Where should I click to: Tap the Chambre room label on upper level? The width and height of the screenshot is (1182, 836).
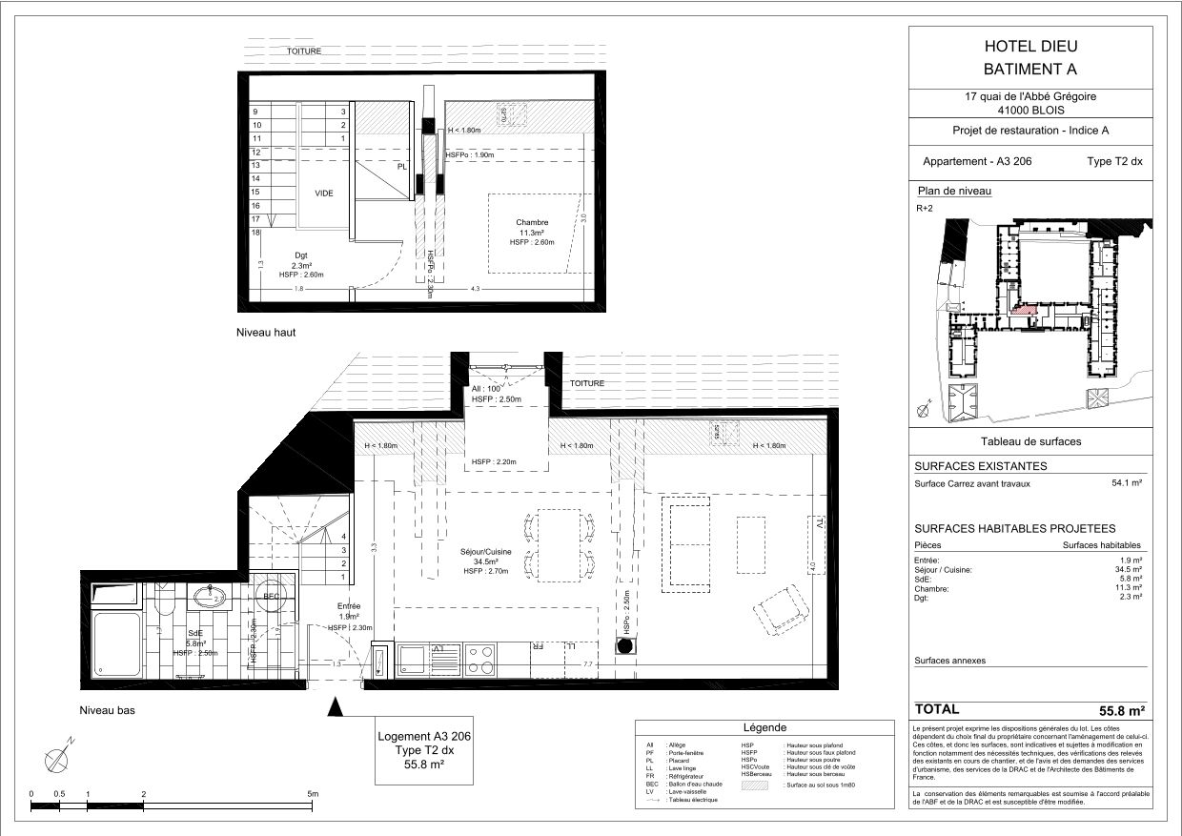click(533, 222)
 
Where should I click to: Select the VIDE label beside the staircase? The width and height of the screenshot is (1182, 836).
click(324, 193)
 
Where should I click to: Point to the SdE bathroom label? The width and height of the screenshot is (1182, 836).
click(195, 633)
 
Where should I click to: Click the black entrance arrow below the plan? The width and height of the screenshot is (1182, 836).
click(335, 706)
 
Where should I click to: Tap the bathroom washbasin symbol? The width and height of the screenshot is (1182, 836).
click(210, 598)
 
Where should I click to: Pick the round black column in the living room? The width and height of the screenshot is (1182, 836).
click(625, 646)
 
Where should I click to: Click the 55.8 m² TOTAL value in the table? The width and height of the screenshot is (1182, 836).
click(1121, 710)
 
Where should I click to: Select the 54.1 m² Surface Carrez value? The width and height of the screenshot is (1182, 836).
click(1127, 483)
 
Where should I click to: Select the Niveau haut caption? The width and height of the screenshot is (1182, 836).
click(267, 333)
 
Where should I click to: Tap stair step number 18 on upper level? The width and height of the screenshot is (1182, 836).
click(256, 233)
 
